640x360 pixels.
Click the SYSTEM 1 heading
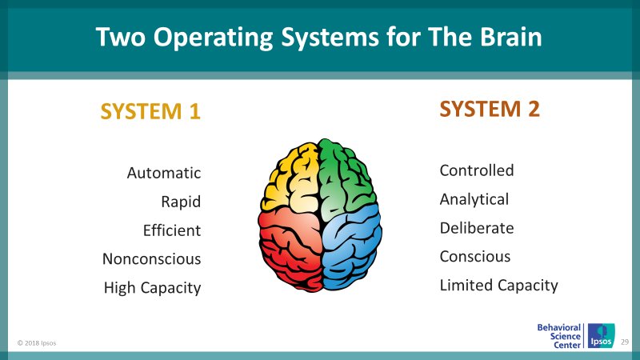[x=150, y=112]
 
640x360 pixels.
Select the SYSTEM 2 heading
[x=490, y=109]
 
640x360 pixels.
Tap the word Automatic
[x=164, y=173]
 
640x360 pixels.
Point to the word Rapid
[x=181, y=202]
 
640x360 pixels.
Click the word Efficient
[x=171, y=230]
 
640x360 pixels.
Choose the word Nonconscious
[x=151, y=259]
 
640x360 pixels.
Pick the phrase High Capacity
[x=152, y=288]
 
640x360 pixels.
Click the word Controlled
[x=477, y=170]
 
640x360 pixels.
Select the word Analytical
[x=474, y=199]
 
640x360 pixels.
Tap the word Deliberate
[x=477, y=228]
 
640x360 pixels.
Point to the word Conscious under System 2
[x=475, y=257]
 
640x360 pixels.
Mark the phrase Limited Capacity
[x=498, y=286]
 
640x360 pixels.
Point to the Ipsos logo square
[x=601, y=336]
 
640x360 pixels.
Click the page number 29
[x=626, y=342]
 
